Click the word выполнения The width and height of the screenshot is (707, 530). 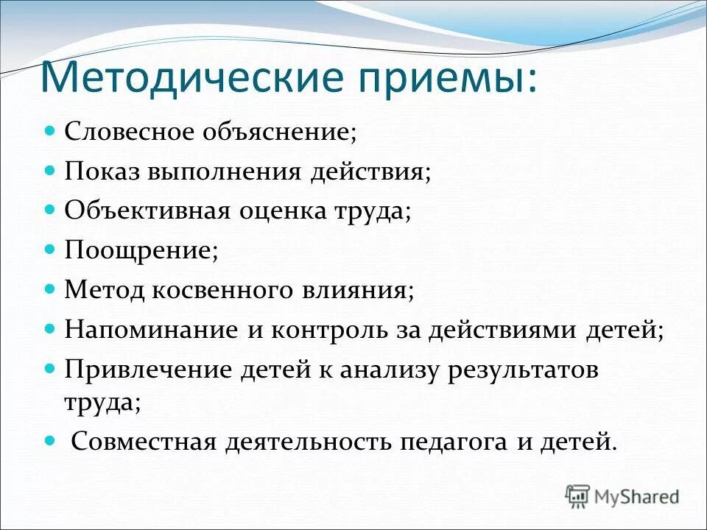(x=225, y=172)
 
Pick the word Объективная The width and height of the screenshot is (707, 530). (x=148, y=211)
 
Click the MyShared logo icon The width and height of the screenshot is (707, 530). (x=578, y=496)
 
